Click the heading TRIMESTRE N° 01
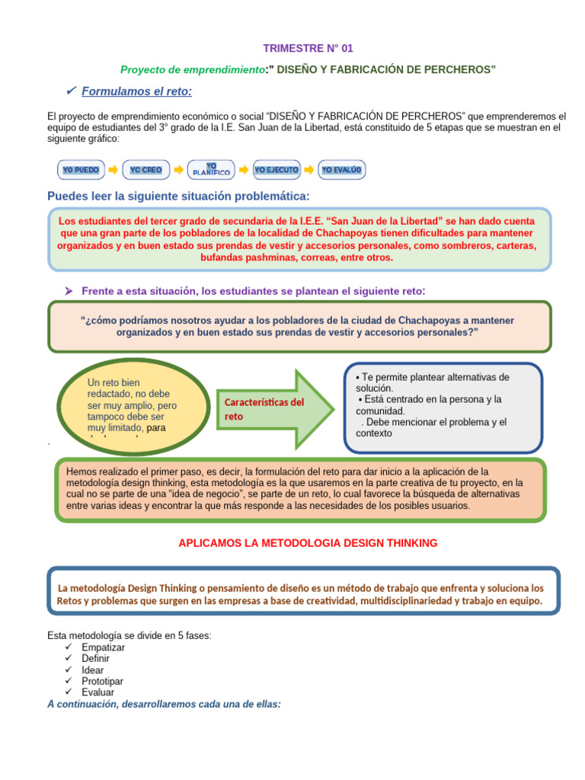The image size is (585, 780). pos(308,48)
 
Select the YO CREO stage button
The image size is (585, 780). pos(145,170)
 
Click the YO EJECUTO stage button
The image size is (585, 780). pos(277,170)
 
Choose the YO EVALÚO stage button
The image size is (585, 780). pos(342,170)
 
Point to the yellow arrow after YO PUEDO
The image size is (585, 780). pos(112,170)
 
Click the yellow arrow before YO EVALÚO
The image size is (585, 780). pos(309,170)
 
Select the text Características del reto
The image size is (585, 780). pos(264,409)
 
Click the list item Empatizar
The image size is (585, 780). pos(104,647)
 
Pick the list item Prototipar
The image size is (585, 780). pos(103,681)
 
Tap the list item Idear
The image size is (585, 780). pos(93,670)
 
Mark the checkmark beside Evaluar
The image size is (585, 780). pos(69,692)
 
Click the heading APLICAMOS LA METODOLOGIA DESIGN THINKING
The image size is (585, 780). pos(308,543)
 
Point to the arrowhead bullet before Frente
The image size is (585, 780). pos(68,291)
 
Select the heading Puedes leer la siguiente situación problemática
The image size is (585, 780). pos(178,197)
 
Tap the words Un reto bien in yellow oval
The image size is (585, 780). pos(113,382)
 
